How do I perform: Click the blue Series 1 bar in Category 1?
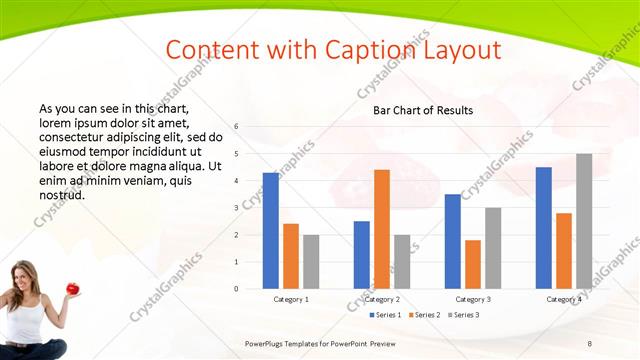(270, 231)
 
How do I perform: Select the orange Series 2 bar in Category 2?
(382, 229)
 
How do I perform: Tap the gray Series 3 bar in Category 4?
(584, 221)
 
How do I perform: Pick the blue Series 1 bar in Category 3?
(453, 241)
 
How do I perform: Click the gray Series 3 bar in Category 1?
(311, 262)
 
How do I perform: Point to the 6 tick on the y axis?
(236, 127)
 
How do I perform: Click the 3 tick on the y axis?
(236, 208)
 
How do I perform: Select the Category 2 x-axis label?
(382, 299)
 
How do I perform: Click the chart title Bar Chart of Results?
(423, 110)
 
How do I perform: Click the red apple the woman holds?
(73, 288)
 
